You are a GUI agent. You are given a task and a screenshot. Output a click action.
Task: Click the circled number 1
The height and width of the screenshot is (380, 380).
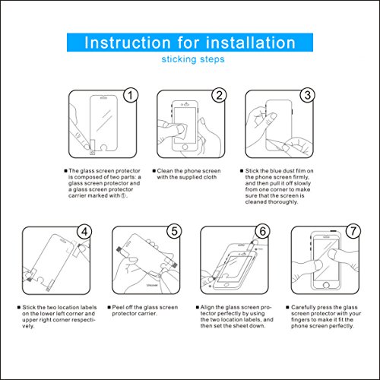pyautogui.click(x=131, y=95)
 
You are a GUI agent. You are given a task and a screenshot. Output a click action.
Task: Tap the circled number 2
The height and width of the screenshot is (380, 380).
pyautogui.click(x=219, y=95)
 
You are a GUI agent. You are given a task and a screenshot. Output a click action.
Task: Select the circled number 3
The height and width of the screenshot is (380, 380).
pyautogui.click(x=307, y=95)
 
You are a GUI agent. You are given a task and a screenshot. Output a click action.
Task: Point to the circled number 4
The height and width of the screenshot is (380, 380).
pyautogui.click(x=84, y=232)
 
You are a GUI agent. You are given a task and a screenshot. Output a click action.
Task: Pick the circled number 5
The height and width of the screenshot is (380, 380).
pyautogui.click(x=174, y=231)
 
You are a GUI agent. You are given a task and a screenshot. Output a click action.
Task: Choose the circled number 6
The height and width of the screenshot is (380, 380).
pyautogui.click(x=262, y=231)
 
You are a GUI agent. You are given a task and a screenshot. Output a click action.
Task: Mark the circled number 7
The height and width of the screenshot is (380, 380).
pyautogui.click(x=353, y=231)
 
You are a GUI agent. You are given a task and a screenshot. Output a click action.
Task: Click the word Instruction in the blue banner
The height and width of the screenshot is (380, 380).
pyautogui.click(x=128, y=43)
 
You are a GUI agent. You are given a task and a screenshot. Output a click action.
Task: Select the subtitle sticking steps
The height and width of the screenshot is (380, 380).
pyautogui.click(x=193, y=59)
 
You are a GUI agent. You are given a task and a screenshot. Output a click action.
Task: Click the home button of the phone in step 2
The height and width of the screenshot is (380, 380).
pyautogui.click(x=185, y=147)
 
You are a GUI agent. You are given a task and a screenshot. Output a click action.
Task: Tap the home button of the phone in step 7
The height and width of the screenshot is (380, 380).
pyautogui.click(x=326, y=285)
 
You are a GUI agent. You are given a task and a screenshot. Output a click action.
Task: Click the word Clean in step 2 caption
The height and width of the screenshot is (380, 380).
pyautogui.click(x=165, y=171)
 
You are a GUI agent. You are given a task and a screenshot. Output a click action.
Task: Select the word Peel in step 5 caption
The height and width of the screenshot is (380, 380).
pyautogui.click(x=118, y=307)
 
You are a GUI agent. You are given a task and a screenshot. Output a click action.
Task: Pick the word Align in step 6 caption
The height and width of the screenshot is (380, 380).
pyautogui.click(x=207, y=308)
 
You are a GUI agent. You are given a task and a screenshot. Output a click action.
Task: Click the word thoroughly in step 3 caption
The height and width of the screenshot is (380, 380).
pyautogui.click(x=285, y=202)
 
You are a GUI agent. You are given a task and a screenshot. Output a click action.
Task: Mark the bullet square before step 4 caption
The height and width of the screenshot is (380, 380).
pyautogui.click(x=19, y=307)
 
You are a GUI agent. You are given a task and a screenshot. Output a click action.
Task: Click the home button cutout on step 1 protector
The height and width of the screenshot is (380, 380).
pyautogui.click(x=104, y=147)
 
